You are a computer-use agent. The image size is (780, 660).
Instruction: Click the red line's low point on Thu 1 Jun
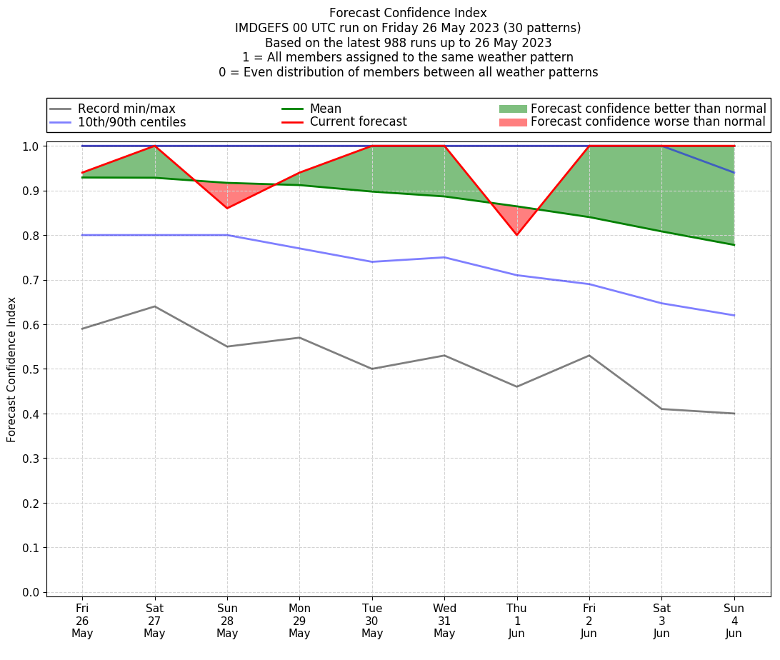pos(516,235)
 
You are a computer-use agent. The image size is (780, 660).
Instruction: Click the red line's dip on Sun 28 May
pos(227,208)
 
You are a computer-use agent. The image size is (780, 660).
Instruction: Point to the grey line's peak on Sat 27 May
pos(154,306)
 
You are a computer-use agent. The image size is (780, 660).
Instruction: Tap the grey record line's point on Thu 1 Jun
pos(516,386)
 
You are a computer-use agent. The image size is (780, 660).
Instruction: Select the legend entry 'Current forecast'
pos(358,122)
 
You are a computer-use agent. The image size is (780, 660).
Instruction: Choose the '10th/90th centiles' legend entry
pos(131,122)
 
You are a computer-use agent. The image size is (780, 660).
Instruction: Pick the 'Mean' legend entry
pos(325,109)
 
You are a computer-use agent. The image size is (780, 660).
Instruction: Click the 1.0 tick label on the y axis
pos(32,146)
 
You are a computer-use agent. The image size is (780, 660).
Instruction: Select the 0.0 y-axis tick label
pos(32,592)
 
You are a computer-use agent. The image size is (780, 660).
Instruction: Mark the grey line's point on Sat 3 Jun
pos(661,409)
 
